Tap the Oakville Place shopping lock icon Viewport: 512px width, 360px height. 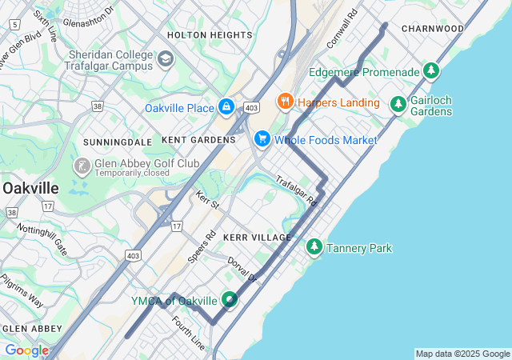pos(226,107)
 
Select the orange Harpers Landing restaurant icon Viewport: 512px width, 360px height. pos(285,102)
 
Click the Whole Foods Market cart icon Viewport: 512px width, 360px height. pos(262,140)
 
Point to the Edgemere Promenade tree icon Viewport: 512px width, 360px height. pos(432,72)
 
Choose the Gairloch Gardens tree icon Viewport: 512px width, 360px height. pos(398,104)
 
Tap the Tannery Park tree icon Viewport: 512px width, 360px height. pos(314,248)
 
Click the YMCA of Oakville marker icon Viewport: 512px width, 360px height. pos(230,300)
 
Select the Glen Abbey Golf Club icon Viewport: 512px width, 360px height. pos(82,166)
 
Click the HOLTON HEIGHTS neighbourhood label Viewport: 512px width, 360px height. pos(210,35)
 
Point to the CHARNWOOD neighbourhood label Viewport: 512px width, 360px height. pos(433,28)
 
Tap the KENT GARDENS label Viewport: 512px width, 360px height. pos(198,140)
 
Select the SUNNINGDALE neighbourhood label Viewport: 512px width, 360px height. pos(118,142)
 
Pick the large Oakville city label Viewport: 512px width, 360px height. pos(30,188)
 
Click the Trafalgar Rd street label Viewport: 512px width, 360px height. pos(297,191)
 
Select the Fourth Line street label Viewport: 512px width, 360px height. pos(189,333)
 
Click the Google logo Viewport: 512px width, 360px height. pos(26,350)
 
